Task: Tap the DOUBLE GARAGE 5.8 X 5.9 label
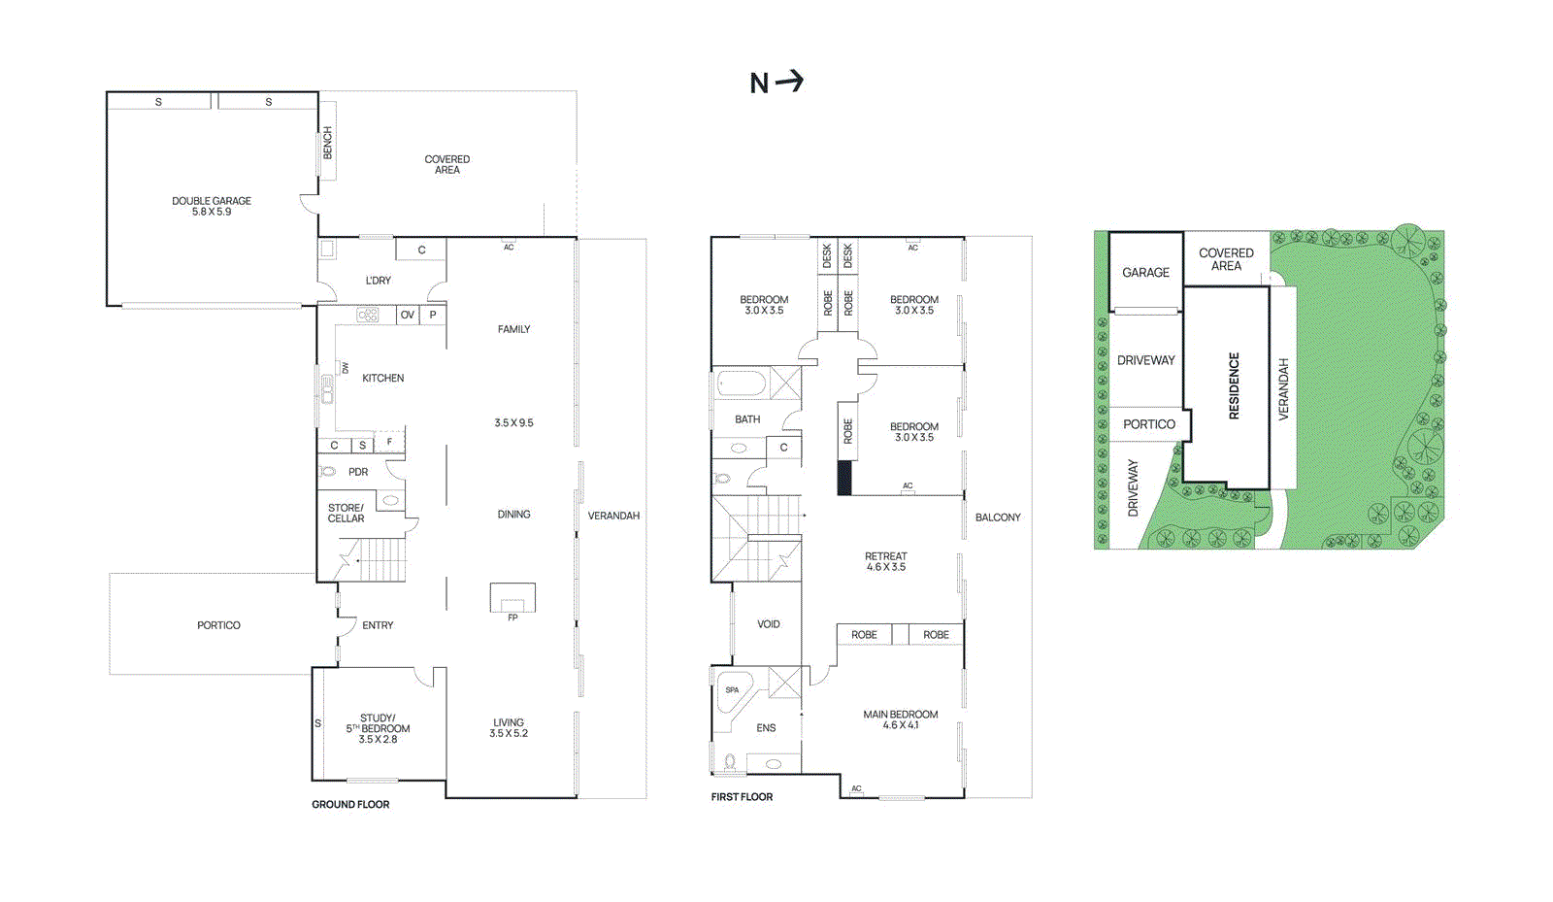click(x=212, y=206)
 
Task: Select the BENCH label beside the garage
click(x=327, y=143)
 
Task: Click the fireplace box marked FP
click(x=512, y=598)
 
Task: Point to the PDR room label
click(x=358, y=472)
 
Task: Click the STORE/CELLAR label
click(x=346, y=513)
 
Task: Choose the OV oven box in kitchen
click(x=408, y=315)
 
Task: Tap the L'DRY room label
click(x=379, y=281)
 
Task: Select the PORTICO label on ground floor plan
click(x=218, y=625)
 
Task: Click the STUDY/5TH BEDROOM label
click(x=378, y=728)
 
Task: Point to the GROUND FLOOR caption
click(x=350, y=804)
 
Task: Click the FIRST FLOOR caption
click(x=742, y=797)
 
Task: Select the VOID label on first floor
click(x=769, y=624)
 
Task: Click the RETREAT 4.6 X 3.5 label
click(x=885, y=561)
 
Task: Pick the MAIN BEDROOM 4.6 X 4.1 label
click(x=900, y=719)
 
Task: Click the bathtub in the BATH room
click(x=742, y=384)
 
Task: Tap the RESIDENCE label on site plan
click(x=1235, y=385)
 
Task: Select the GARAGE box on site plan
click(x=1145, y=273)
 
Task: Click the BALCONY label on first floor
click(x=998, y=518)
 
